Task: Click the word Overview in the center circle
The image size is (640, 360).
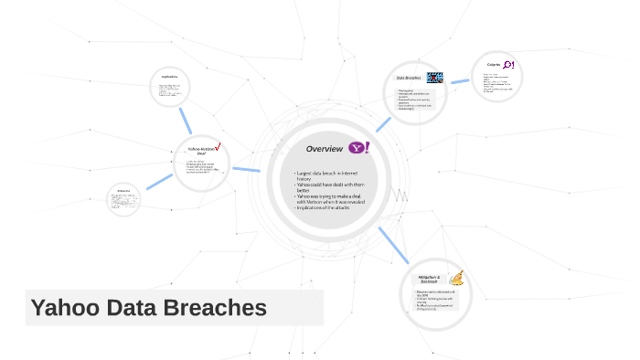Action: tap(324, 148)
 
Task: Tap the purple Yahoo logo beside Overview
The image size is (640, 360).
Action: tap(358, 147)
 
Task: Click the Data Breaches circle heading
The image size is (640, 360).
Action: tap(408, 79)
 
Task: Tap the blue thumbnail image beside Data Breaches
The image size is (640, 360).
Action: tap(435, 79)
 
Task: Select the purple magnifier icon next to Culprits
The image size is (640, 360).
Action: tap(509, 65)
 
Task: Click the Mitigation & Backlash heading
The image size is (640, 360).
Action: tap(430, 278)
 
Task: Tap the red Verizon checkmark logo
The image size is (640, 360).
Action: tap(219, 146)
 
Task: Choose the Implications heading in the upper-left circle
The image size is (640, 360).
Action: tap(168, 76)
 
